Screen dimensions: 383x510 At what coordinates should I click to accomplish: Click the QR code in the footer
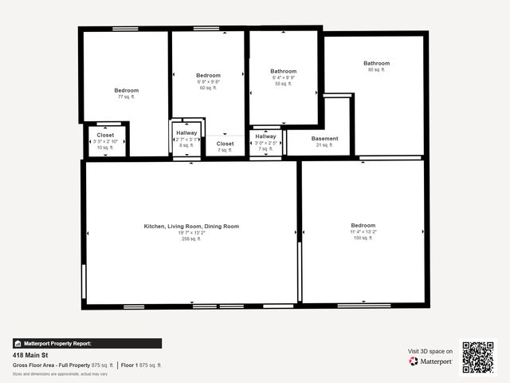click(478, 357)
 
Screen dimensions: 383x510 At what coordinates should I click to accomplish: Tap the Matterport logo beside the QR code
click(431, 361)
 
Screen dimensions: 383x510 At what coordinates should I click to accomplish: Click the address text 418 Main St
click(29, 355)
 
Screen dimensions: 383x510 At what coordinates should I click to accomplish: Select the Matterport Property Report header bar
click(88, 343)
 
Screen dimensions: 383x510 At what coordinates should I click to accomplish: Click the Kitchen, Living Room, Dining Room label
click(191, 227)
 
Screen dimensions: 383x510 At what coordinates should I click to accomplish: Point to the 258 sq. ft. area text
click(191, 239)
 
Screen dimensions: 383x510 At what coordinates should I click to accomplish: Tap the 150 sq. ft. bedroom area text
click(363, 238)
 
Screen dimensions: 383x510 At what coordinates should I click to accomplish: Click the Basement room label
click(324, 139)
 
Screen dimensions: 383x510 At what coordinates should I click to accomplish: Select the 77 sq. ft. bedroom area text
click(126, 97)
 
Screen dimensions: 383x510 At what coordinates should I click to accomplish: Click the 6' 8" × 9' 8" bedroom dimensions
click(208, 81)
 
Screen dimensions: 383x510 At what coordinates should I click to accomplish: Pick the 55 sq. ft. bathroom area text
click(283, 84)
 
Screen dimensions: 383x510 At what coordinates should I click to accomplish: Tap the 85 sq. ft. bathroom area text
click(376, 70)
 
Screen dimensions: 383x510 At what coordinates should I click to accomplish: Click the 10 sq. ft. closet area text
click(105, 148)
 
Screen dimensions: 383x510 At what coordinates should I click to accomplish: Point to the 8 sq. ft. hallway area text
click(186, 145)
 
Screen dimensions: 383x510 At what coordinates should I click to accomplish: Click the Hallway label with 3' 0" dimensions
click(265, 136)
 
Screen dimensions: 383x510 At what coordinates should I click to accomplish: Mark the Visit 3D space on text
click(430, 351)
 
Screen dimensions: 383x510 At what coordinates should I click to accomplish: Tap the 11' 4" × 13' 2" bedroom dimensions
click(363, 232)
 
